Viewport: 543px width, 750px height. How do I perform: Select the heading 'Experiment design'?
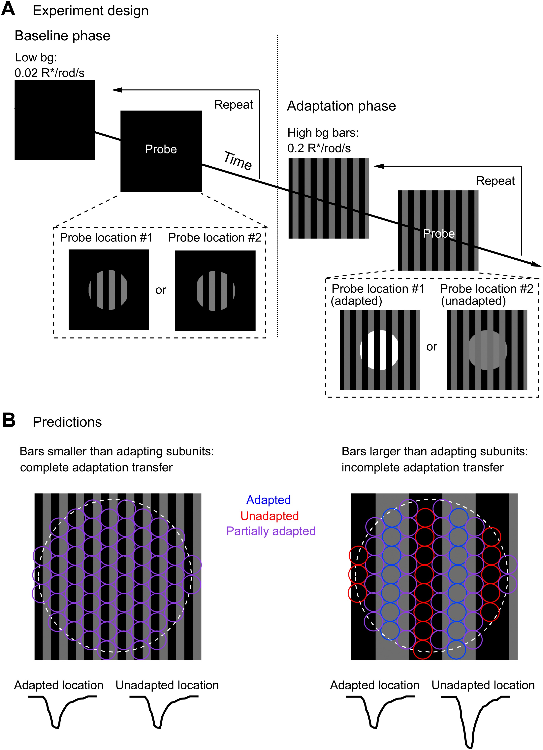[x=91, y=11]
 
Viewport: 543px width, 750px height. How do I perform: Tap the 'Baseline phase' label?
[x=62, y=36]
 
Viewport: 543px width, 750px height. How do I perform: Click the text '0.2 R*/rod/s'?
[x=319, y=148]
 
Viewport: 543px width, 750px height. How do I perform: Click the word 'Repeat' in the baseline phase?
[x=234, y=105]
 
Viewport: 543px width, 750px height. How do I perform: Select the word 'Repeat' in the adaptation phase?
[x=495, y=181]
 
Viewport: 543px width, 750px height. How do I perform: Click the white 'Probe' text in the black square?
[x=161, y=149]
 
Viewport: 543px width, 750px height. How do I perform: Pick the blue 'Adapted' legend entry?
[x=269, y=500]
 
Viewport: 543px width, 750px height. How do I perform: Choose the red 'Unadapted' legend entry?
[x=270, y=516]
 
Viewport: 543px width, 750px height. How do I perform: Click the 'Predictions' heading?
[x=67, y=422]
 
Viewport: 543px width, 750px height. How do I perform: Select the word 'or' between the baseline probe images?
[x=161, y=290]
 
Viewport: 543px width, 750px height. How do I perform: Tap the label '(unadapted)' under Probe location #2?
[x=473, y=301]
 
